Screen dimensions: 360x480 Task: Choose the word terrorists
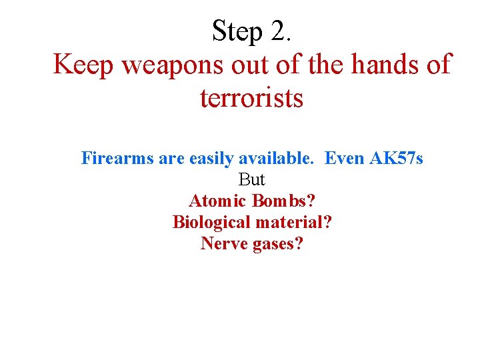pos(251,99)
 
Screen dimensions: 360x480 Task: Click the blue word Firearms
pos(117,159)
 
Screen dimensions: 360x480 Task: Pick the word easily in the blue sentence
pos(213,159)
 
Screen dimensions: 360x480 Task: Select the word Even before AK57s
pos(344,159)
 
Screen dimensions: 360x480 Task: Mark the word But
pos(251,180)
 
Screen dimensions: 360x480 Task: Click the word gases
pos(279,244)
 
